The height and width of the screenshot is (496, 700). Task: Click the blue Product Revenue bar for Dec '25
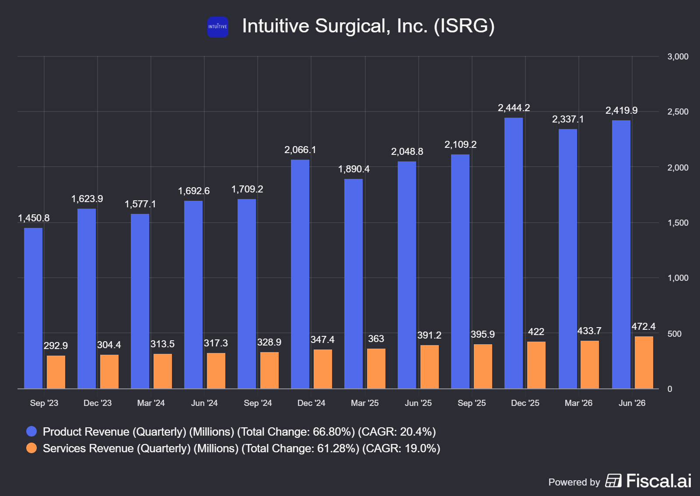tap(514, 253)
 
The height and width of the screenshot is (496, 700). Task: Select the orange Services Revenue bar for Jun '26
tap(644, 362)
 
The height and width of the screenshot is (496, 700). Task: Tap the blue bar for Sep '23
tap(33, 308)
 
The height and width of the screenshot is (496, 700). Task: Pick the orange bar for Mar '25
tap(376, 369)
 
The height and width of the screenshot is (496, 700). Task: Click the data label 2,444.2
tap(514, 108)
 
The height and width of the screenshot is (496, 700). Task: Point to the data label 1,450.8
tap(33, 218)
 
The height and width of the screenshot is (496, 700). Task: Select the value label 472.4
tap(644, 326)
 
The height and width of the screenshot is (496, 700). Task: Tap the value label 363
tap(376, 339)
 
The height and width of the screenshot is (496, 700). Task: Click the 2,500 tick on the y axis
tap(678, 112)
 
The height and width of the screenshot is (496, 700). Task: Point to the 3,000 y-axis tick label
tap(678, 56)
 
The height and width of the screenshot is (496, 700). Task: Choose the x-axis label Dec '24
tap(311, 403)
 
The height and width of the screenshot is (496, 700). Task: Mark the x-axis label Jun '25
tap(418, 403)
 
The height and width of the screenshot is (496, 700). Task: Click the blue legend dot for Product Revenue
tap(31, 431)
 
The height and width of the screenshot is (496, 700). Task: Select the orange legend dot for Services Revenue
tap(31, 448)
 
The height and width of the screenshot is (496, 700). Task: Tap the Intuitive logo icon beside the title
tap(218, 27)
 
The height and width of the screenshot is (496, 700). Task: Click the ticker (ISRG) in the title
tap(464, 26)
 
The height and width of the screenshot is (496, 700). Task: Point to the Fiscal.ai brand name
tap(659, 481)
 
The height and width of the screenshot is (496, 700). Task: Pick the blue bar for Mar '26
tap(568, 259)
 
